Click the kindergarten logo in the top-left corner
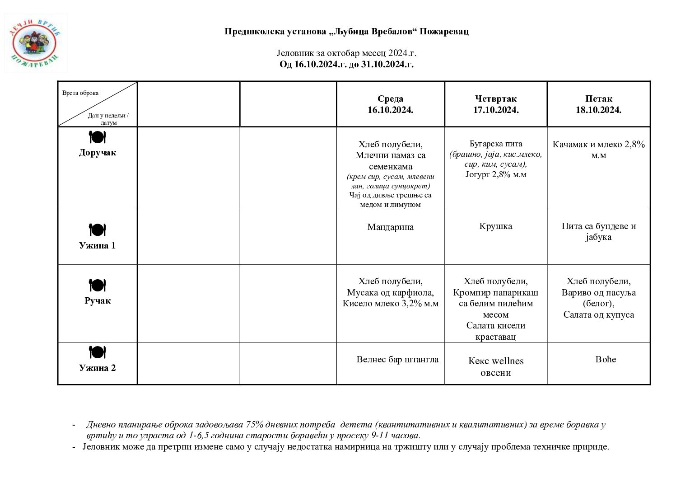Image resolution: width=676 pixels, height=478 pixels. click(x=35, y=43)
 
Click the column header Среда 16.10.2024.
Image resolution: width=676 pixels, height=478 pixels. click(x=390, y=104)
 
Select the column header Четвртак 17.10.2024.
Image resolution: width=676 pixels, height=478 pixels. click(x=495, y=104)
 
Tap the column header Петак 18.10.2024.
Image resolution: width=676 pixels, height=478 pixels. click(x=598, y=104)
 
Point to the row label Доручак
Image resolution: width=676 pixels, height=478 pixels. click(x=98, y=153)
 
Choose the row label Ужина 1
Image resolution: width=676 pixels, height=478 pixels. click(x=98, y=246)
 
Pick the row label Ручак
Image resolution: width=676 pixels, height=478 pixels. click(x=98, y=301)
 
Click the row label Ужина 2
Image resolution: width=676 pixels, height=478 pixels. click(x=98, y=368)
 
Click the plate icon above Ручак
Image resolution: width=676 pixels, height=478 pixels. click(x=97, y=286)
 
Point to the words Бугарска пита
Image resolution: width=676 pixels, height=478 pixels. click(x=495, y=144)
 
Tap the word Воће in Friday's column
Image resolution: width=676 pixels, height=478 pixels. click(x=606, y=360)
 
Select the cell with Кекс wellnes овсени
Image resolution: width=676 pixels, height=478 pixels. click(x=495, y=367)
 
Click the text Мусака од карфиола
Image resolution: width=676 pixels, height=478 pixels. click(x=390, y=293)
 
